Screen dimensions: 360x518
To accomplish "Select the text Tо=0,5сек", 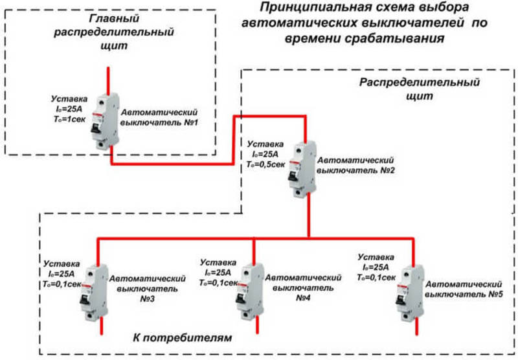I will click(x=262, y=165).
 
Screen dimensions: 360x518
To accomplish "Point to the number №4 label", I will click(x=304, y=298).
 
